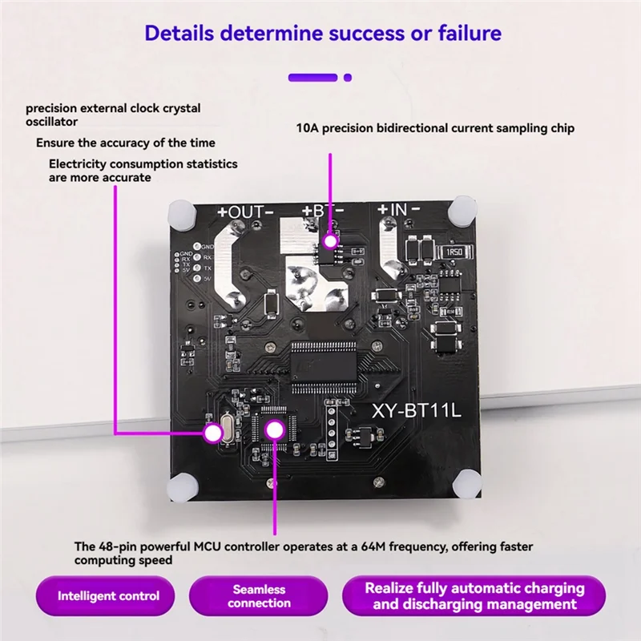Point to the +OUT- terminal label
point(246,212)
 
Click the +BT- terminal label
point(323,212)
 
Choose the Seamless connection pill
point(259,596)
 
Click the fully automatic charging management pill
point(474,596)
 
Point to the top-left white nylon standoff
point(183,212)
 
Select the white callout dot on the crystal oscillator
point(212,433)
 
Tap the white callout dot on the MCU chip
point(275,429)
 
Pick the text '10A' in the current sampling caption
point(306,128)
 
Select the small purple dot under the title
point(348,78)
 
